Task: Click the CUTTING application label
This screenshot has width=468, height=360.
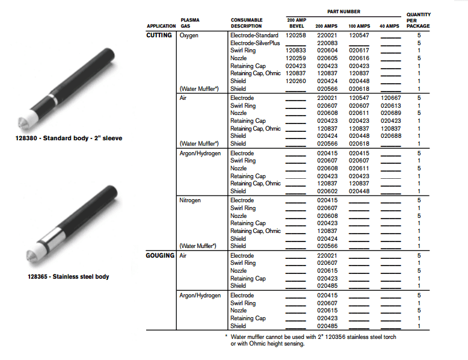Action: (x=159, y=36)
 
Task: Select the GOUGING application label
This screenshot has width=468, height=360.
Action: (x=160, y=255)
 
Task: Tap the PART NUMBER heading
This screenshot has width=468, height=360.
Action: (x=344, y=11)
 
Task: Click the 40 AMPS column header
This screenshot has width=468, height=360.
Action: (x=389, y=26)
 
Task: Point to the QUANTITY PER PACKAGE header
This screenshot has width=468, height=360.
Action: (x=418, y=20)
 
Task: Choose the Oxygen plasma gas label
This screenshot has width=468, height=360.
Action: (x=189, y=36)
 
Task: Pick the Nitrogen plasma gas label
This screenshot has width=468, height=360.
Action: (x=191, y=200)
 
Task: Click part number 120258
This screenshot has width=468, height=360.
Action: (x=296, y=36)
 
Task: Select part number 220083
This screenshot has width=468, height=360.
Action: (x=327, y=43)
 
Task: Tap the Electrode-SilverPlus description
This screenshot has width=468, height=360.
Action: (x=255, y=43)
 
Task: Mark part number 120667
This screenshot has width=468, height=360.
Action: (x=390, y=98)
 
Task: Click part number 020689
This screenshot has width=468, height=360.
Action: (x=390, y=113)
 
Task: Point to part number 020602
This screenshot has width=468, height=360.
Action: (x=327, y=191)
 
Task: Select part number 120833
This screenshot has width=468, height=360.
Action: (x=296, y=51)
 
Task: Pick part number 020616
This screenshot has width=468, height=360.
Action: (x=359, y=58)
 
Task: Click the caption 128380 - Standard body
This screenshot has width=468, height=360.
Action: (x=69, y=138)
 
